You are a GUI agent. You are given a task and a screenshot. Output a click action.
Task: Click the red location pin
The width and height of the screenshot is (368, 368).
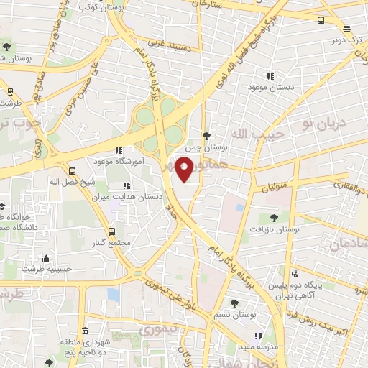coord(184,167)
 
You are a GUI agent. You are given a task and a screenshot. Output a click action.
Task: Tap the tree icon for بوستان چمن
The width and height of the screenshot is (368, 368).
coord(208,135)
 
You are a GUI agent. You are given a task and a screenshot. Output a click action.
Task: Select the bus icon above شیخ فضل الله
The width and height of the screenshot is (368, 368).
coord(72,171)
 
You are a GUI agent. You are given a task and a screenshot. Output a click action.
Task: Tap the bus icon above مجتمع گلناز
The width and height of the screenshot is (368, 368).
coord(111,231)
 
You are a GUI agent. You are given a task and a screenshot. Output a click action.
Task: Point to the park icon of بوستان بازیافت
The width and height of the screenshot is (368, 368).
coord(273,217)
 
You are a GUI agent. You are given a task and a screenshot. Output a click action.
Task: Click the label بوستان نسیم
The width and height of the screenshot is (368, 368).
coord(231,316)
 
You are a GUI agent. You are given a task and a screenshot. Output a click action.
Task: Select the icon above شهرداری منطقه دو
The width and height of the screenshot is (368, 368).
coord(85,331)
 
